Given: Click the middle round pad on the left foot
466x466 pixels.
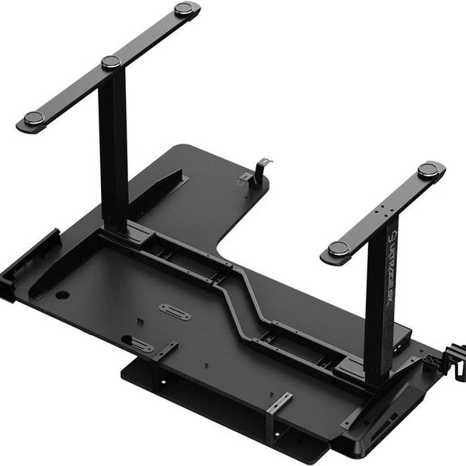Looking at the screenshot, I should pos(111,62).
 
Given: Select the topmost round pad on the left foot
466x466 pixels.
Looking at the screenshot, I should pos(184,9).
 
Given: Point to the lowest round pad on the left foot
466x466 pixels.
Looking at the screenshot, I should pos(33,118).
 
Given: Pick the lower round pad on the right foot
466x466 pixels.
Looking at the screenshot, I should pos(338,249).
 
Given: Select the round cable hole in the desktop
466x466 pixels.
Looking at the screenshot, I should pos(62,295).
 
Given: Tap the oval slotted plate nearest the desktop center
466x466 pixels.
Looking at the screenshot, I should pos(176,312).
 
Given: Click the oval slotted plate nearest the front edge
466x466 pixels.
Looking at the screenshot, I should pos(140,344).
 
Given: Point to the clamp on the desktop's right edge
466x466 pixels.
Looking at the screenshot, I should pos(451,360).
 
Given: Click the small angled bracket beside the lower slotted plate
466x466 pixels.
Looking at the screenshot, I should pos(165,352).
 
